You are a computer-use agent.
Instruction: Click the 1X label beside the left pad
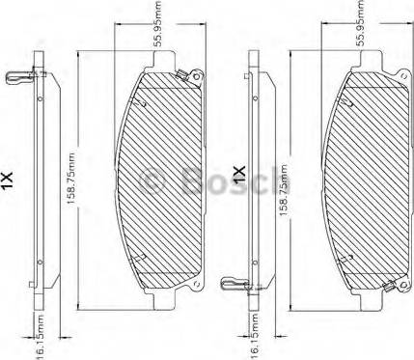pos(7,180)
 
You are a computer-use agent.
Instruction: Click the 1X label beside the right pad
pos(239,176)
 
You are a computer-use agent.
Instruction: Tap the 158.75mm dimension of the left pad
pos(70,179)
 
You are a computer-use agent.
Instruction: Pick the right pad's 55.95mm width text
pos(361,23)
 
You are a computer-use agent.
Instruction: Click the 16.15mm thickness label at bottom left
pos(40,338)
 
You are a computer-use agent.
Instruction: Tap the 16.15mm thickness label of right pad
pos(254,338)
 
